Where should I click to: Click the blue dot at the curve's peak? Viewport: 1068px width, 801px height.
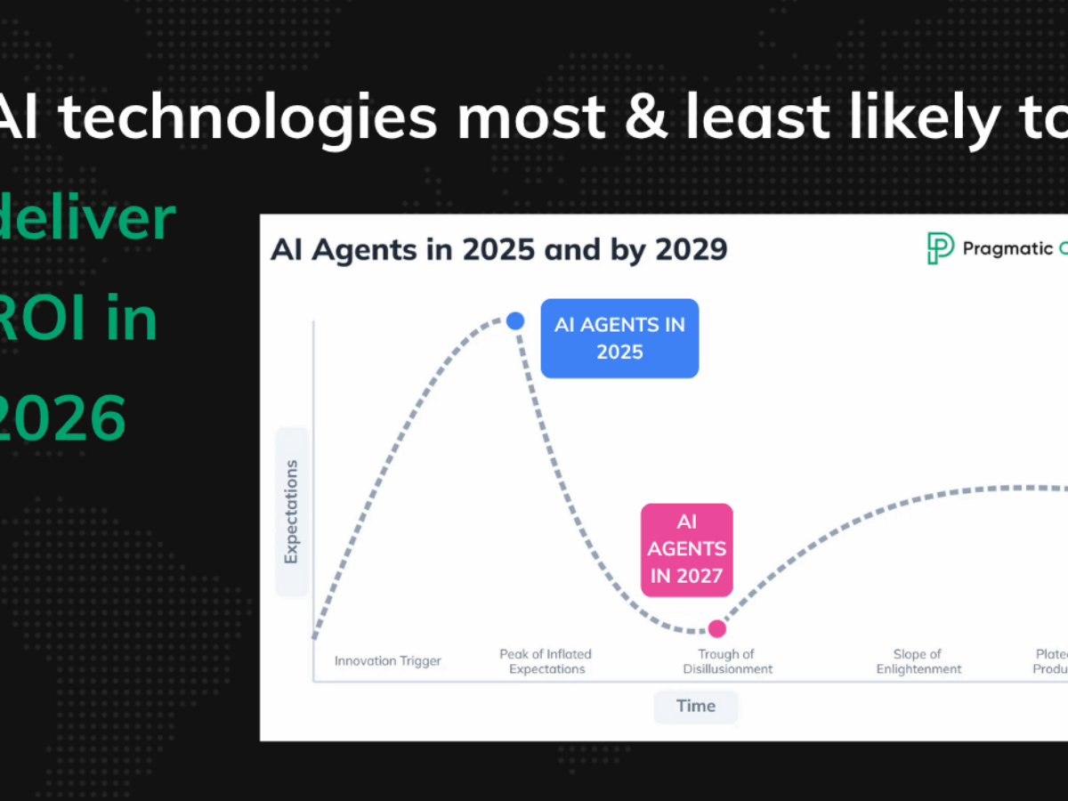[514, 321]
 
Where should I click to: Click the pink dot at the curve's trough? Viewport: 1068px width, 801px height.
[717, 628]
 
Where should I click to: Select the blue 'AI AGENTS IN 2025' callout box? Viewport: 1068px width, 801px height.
[619, 338]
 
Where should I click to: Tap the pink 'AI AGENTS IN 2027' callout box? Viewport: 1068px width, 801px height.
[687, 549]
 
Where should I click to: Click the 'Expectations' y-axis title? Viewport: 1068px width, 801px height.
[291, 512]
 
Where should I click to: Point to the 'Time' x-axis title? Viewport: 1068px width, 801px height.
[696, 706]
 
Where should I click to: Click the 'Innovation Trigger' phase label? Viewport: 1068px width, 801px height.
[388, 661]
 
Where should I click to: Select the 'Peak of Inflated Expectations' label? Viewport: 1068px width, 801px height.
[546, 661]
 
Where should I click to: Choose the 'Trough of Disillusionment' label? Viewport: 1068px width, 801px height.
[727, 661]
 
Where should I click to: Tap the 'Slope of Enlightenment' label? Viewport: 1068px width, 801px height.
[918, 661]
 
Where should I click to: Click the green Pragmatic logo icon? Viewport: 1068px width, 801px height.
[940, 248]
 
